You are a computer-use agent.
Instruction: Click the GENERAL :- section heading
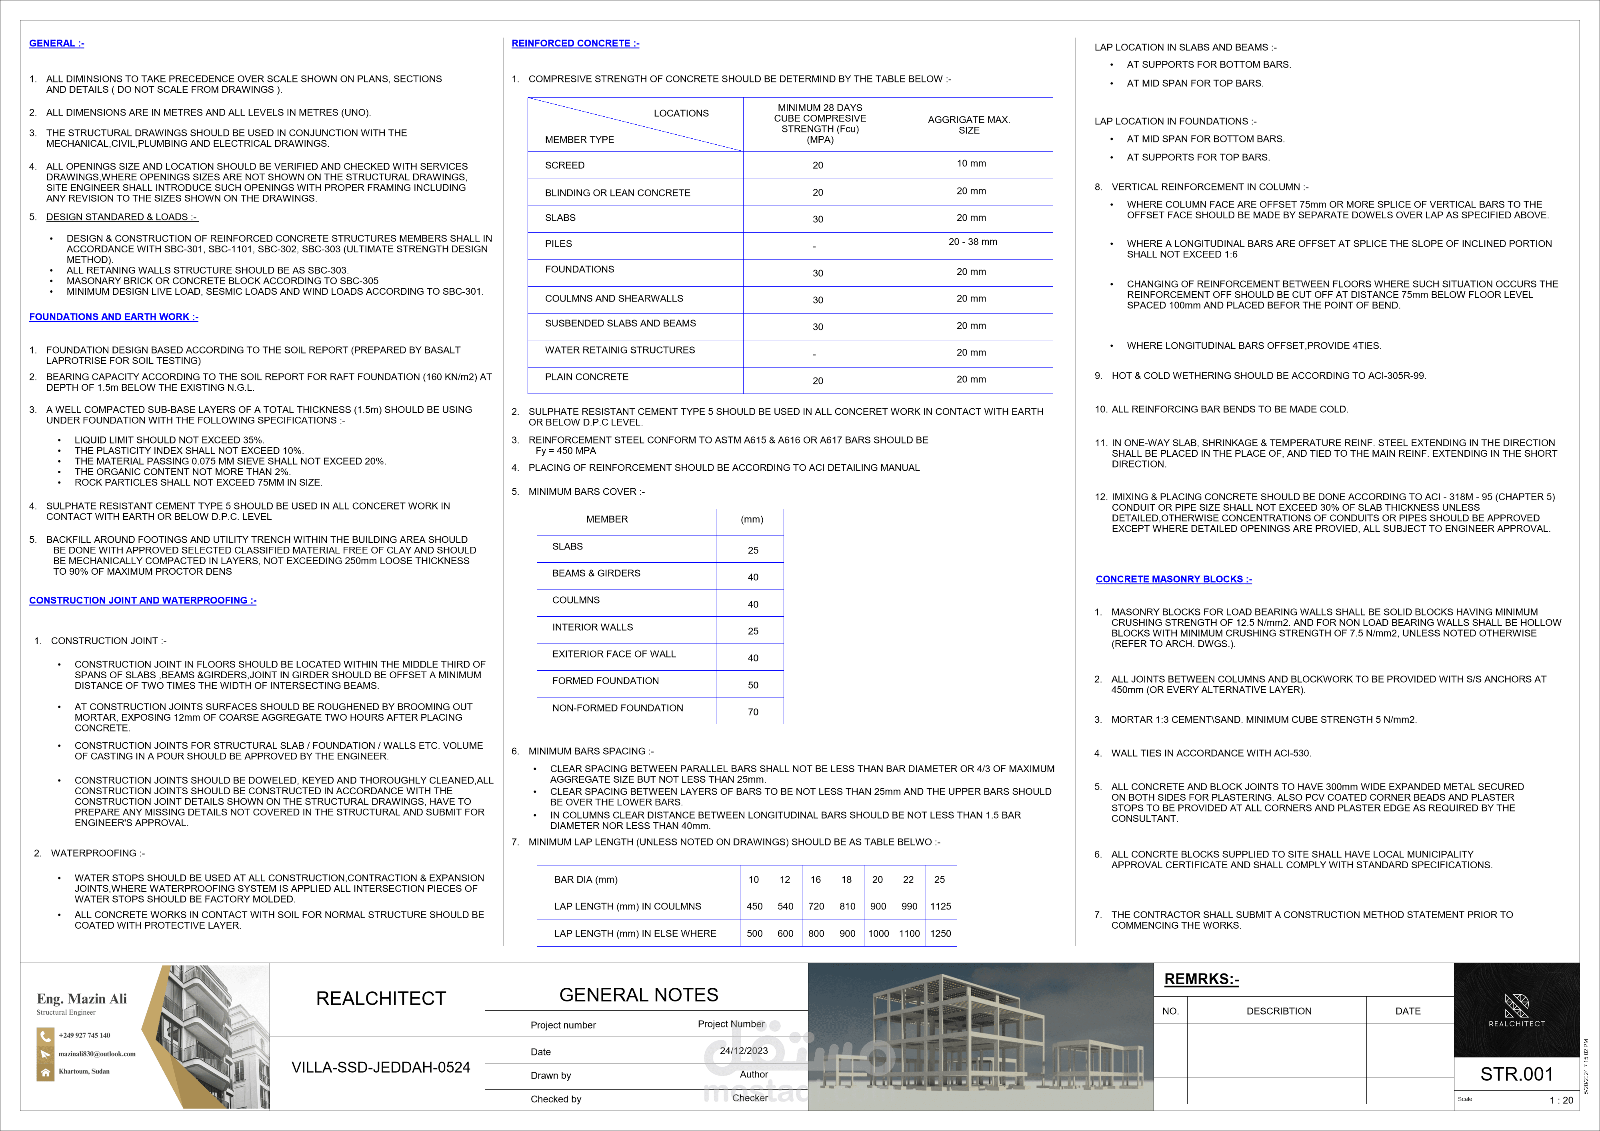tap(56, 43)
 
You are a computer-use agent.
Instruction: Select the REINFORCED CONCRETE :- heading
tap(575, 43)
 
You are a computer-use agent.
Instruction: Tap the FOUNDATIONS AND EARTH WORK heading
tap(114, 317)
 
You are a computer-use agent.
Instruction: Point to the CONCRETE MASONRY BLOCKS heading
tap(1174, 579)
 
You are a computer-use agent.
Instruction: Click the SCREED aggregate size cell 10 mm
tap(971, 164)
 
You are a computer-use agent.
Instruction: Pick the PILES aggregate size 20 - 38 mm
tap(972, 242)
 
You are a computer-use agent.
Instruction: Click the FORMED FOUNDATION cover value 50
tap(753, 685)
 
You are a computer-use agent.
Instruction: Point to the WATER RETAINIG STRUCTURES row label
tap(620, 350)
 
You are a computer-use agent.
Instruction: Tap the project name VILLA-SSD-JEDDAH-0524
tap(380, 1067)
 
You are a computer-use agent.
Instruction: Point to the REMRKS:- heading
tap(1201, 979)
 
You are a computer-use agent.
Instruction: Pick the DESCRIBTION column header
tap(1279, 1011)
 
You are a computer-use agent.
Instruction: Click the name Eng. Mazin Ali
tap(82, 999)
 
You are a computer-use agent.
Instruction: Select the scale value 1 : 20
tap(1561, 1100)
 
